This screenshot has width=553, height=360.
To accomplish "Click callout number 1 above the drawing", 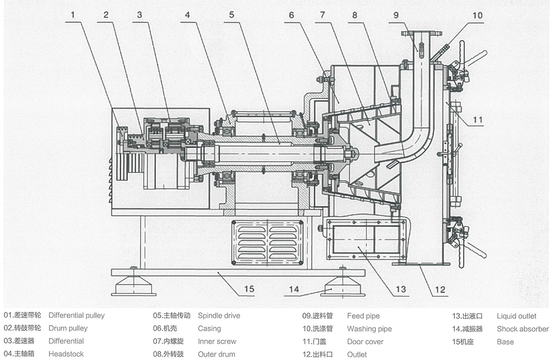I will click(x=73, y=15).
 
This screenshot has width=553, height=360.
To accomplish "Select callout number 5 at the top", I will click(x=231, y=15).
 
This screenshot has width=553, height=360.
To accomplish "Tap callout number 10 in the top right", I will click(x=477, y=15).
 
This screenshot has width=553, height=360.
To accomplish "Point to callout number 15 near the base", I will click(x=249, y=289).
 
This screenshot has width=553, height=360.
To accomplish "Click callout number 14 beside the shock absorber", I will click(x=294, y=289).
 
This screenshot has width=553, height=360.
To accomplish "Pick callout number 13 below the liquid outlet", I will click(x=401, y=289).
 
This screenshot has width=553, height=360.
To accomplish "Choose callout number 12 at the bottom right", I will click(x=440, y=289).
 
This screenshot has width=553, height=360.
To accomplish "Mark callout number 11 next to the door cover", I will click(x=478, y=119).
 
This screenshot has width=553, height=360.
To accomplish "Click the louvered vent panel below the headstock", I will click(x=267, y=243).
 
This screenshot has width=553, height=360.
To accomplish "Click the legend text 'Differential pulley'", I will click(x=76, y=315).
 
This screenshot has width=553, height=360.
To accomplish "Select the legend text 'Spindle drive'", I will click(x=219, y=315).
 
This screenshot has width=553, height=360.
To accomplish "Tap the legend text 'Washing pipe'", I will click(x=369, y=329).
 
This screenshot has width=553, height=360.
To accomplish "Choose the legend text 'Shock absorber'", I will click(x=523, y=329).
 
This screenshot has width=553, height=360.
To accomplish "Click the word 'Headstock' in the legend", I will click(x=66, y=354).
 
